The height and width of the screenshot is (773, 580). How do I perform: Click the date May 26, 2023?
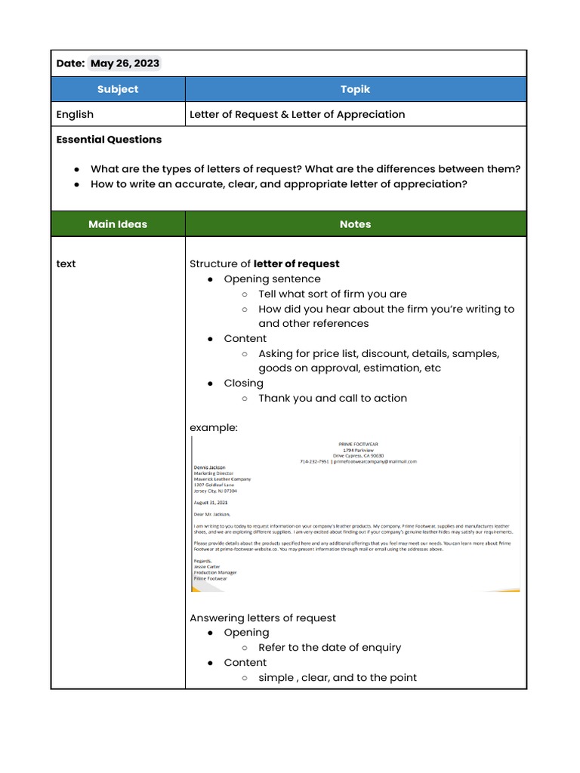pyautogui.click(x=125, y=63)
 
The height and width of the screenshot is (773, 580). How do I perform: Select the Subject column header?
pyautogui.click(x=118, y=89)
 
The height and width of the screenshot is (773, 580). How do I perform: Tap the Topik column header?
pyautogui.click(x=355, y=89)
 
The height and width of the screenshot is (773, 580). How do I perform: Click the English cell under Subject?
pyautogui.click(x=76, y=115)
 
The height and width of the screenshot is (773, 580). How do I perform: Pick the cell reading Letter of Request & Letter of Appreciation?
pyautogui.click(x=297, y=115)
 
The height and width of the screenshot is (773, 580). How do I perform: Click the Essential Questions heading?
pyautogui.click(x=109, y=140)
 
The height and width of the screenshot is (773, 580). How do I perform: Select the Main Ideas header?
pyautogui.click(x=118, y=224)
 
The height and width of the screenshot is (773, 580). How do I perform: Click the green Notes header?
pyautogui.click(x=355, y=224)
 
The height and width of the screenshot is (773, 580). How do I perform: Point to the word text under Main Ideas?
pyautogui.click(x=66, y=264)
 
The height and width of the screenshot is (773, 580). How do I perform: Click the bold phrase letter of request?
pyautogui.click(x=296, y=264)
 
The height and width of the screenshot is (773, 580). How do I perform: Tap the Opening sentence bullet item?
pyautogui.click(x=272, y=279)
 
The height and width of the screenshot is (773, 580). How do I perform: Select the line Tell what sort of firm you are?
pyautogui.click(x=332, y=294)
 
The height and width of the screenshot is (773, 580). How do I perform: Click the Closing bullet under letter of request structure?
pyautogui.click(x=243, y=383)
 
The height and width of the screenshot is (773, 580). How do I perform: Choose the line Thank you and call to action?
pyautogui.click(x=332, y=399)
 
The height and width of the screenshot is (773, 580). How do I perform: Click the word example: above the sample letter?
pyautogui.click(x=214, y=428)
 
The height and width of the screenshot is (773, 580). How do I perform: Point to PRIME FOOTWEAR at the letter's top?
pyautogui.click(x=358, y=444)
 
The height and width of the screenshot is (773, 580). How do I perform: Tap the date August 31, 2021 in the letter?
pyautogui.click(x=211, y=502)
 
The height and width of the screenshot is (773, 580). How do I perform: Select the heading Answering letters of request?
pyautogui.click(x=263, y=618)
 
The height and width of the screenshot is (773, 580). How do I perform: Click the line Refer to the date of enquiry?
pyautogui.click(x=329, y=648)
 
